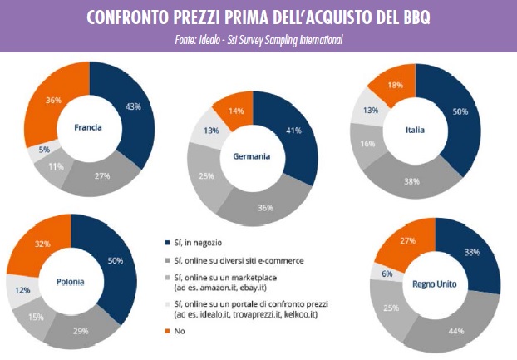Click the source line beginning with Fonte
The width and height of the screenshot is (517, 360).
pyautogui.click(x=258, y=39)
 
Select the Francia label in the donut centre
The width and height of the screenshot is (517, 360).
pyautogui.click(x=88, y=128)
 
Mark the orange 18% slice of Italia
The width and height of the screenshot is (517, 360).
pyautogui.click(x=394, y=84)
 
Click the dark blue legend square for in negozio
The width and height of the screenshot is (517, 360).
pyautogui.click(x=167, y=243)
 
